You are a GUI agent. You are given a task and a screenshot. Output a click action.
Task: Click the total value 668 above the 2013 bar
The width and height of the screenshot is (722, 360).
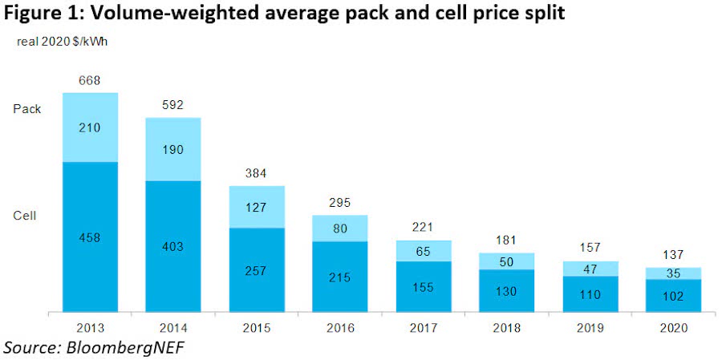click(91, 80)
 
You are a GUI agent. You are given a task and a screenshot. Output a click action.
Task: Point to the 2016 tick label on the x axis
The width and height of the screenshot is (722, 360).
click(340, 327)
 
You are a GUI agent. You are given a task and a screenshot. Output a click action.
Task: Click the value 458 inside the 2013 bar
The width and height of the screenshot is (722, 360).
click(91, 237)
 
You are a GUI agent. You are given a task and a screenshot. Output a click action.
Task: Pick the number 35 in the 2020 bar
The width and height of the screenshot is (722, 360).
click(674, 273)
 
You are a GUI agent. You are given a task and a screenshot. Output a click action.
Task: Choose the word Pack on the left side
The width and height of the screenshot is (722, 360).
click(26, 109)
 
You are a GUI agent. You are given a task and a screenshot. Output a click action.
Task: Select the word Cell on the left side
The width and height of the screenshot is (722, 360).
click(25, 216)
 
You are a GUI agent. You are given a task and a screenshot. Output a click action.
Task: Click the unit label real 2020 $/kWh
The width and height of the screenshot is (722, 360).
click(62, 42)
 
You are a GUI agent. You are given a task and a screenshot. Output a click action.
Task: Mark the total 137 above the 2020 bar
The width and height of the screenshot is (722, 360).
click(674, 255)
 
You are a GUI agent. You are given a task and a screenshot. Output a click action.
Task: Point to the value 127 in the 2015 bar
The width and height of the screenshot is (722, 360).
click(257, 207)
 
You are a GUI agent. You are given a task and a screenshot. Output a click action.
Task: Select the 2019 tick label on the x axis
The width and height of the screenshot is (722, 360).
click(590, 327)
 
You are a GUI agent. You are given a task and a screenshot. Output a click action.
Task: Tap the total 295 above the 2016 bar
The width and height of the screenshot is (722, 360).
click(340, 203)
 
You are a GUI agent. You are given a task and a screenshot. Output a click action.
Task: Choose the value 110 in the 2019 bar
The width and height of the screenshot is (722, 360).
click(590, 295)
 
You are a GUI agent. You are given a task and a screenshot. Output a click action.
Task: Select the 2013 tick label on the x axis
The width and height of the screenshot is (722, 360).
click(91, 327)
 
